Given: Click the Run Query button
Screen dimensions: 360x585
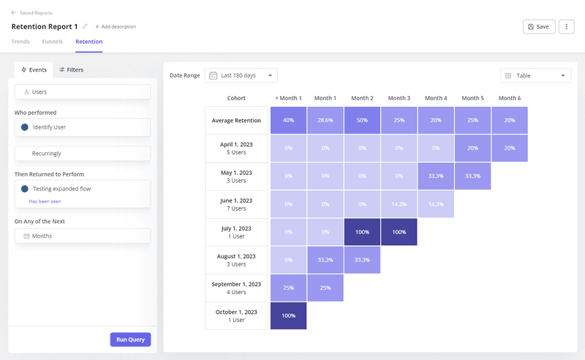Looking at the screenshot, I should click(x=130, y=339).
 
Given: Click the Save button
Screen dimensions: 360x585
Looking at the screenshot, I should click(x=539, y=26).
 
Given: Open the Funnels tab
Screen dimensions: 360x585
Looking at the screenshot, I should click(x=52, y=42).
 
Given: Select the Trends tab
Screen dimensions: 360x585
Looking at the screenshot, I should click(x=20, y=42).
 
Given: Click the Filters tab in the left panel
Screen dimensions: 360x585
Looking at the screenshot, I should click(x=71, y=70).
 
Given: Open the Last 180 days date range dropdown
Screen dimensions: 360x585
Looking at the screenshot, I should click(x=241, y=75).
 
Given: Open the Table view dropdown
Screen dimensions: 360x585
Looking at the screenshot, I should click(x=535, y=75).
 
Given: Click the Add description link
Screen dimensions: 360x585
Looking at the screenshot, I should click(x=116, y=26).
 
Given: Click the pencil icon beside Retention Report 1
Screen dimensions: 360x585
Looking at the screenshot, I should click(x=85, y=26).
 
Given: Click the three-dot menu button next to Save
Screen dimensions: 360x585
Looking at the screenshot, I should click(x=566, y=26).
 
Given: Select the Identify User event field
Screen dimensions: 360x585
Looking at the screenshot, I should click(x=83, y=127).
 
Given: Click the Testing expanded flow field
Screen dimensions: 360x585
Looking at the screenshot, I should click(x=83, y=189).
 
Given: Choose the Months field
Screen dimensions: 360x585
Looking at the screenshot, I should click(x=83, y=236).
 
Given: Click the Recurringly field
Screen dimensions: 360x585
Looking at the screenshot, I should click(x=83, y=154).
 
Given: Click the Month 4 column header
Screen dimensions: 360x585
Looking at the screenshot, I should click(x=436, y=98).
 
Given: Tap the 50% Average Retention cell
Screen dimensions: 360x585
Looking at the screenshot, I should click(x=362, y=121).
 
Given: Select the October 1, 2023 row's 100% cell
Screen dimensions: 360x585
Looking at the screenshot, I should click(x=288, y=315).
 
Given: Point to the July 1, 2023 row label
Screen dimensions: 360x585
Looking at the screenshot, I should click(x=236, y=232).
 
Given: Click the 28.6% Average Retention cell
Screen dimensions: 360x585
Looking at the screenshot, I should click(x=325, y=121).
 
